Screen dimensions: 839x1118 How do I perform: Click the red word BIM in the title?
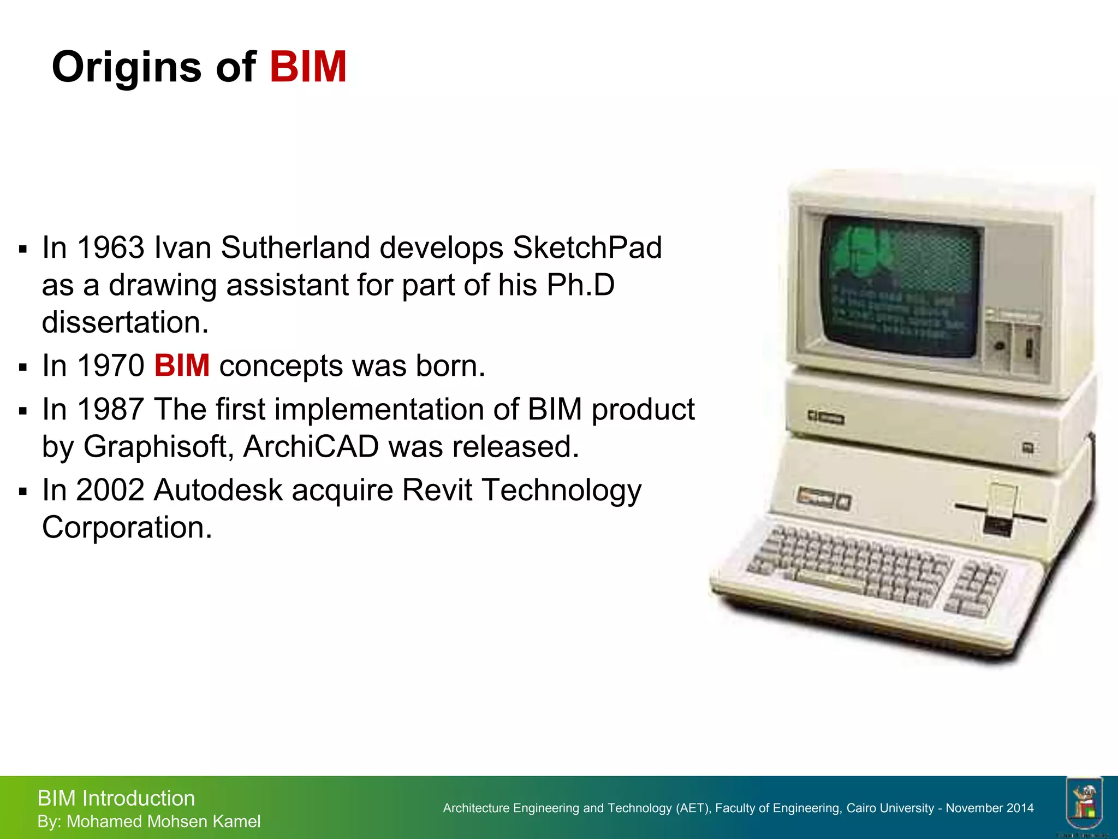(308, 67)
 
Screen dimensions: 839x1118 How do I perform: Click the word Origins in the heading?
(127, 68)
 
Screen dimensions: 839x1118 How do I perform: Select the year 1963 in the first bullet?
(111, 247)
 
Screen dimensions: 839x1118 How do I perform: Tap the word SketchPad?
(587, 247)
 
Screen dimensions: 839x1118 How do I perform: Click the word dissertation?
(125, 322)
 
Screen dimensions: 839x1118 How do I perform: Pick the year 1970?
(111, 365)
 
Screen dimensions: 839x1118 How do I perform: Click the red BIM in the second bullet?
(182, 365)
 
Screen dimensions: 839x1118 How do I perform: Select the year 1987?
(111, 409)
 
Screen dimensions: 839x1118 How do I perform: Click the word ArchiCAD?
(311, 447)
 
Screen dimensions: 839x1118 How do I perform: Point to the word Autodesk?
(218, 489)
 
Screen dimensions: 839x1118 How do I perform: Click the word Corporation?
(127, 527)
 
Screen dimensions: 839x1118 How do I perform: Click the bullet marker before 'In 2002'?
(22, 492)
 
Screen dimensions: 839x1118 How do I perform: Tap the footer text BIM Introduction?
(116, 798)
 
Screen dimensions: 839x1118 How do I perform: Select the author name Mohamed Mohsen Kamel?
(163, 822)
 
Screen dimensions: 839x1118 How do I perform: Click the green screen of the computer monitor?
(901, 284)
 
